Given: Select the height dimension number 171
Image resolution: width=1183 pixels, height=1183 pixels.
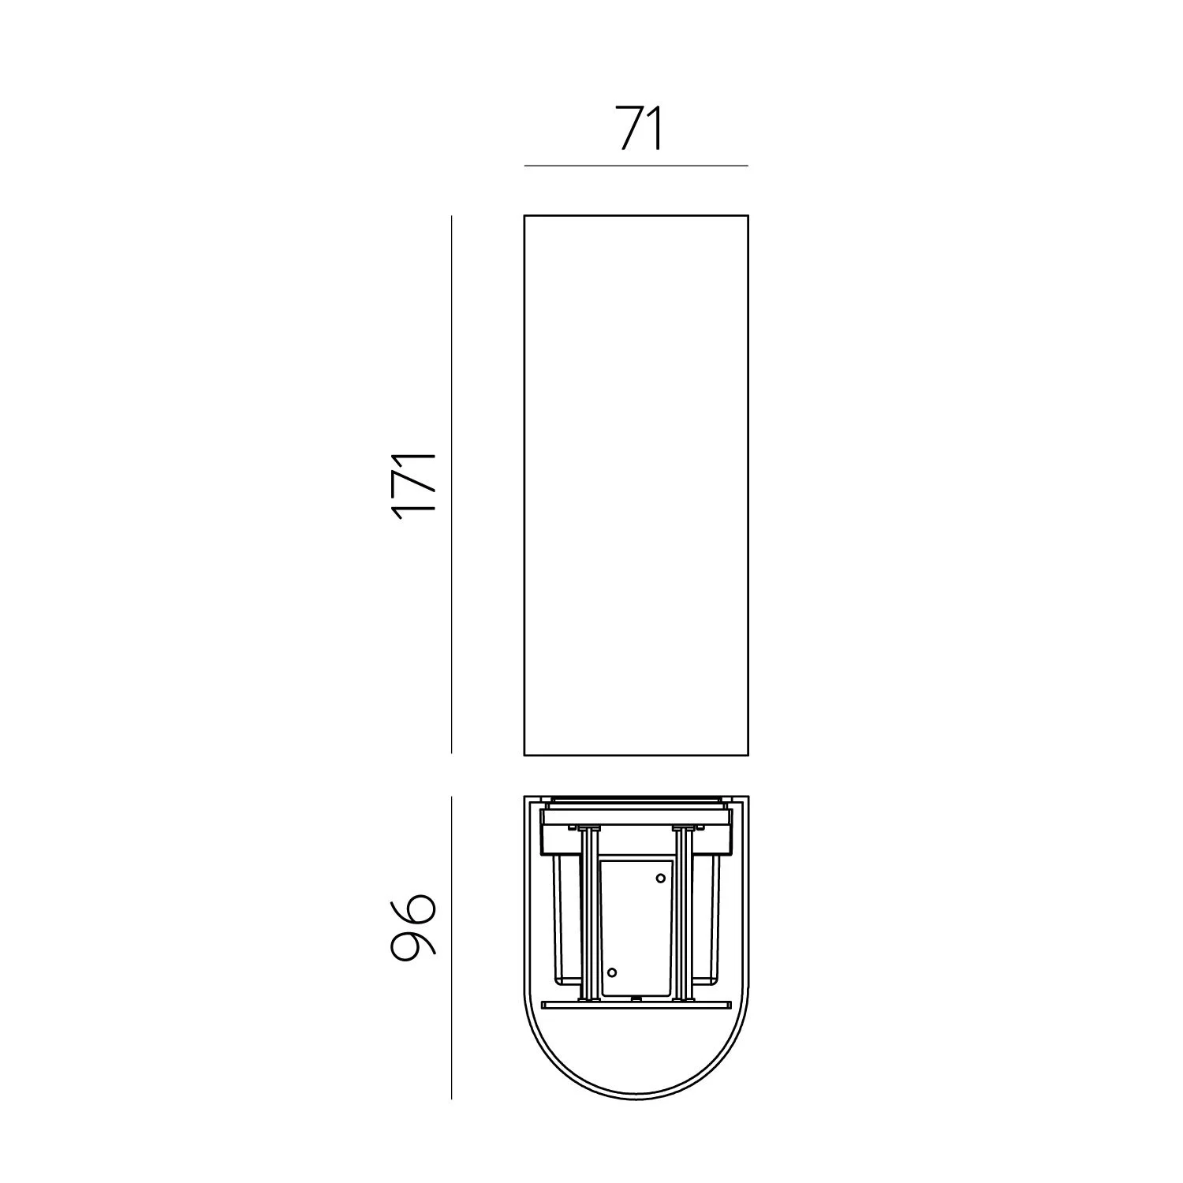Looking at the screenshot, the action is click(414, 485).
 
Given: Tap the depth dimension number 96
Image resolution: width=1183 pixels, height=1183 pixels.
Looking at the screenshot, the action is click(412, 927).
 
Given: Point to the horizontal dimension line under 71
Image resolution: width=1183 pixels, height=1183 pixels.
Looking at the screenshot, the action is click(636, 166).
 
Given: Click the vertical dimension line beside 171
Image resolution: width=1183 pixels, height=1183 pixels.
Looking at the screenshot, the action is click(451, 484).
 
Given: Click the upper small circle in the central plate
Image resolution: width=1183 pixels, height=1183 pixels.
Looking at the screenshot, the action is click(661, 878).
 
